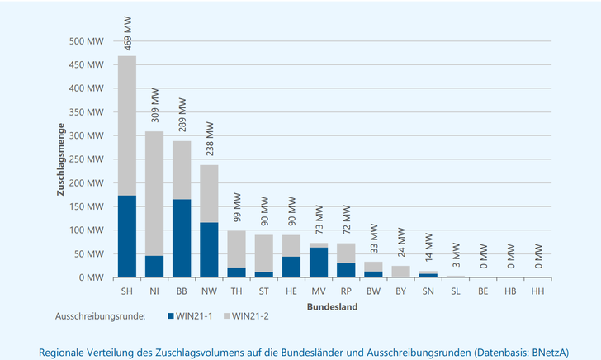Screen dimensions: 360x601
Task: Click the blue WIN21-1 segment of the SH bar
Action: tap(127, 236)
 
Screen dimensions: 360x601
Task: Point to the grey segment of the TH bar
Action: tap(237, 249)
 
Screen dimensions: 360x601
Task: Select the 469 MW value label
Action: tap(128, 36)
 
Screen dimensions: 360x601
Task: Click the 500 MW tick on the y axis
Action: tap(86, 41)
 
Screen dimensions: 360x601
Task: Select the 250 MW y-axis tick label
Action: tap(86, 159)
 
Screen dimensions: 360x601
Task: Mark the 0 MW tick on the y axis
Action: tap(91, 277)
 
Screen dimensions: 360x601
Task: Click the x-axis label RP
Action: tap(347, 291)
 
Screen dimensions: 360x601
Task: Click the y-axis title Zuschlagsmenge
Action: tap(60, 159)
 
